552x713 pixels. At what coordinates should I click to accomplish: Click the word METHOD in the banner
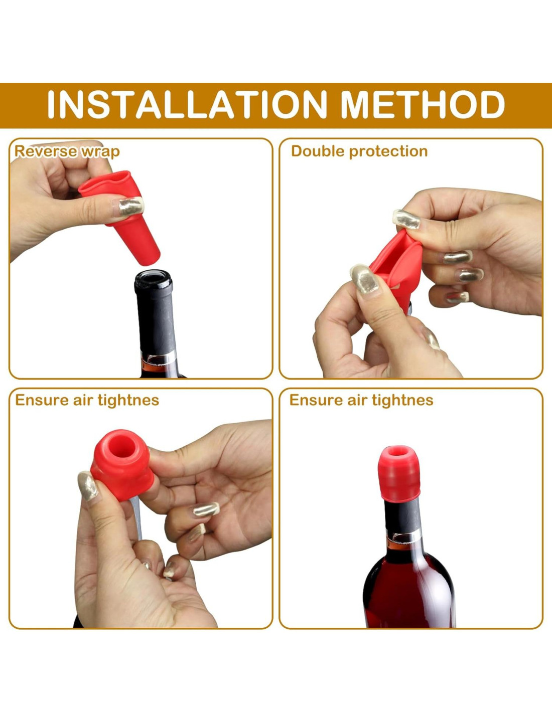(x=423, y=104)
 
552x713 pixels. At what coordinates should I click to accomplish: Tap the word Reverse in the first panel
(x=45, y=151)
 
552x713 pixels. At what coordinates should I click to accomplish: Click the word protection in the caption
(x=388, y=152)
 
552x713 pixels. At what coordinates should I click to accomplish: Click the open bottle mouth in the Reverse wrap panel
(x=153, y=277)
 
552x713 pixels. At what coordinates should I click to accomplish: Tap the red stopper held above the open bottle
(x=120, y=217)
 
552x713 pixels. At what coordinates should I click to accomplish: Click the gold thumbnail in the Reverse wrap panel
(x=131, y=206)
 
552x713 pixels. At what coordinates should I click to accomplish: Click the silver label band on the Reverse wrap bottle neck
(x=158, y=358)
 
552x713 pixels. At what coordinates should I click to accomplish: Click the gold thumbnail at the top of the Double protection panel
(x=406, y=219)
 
